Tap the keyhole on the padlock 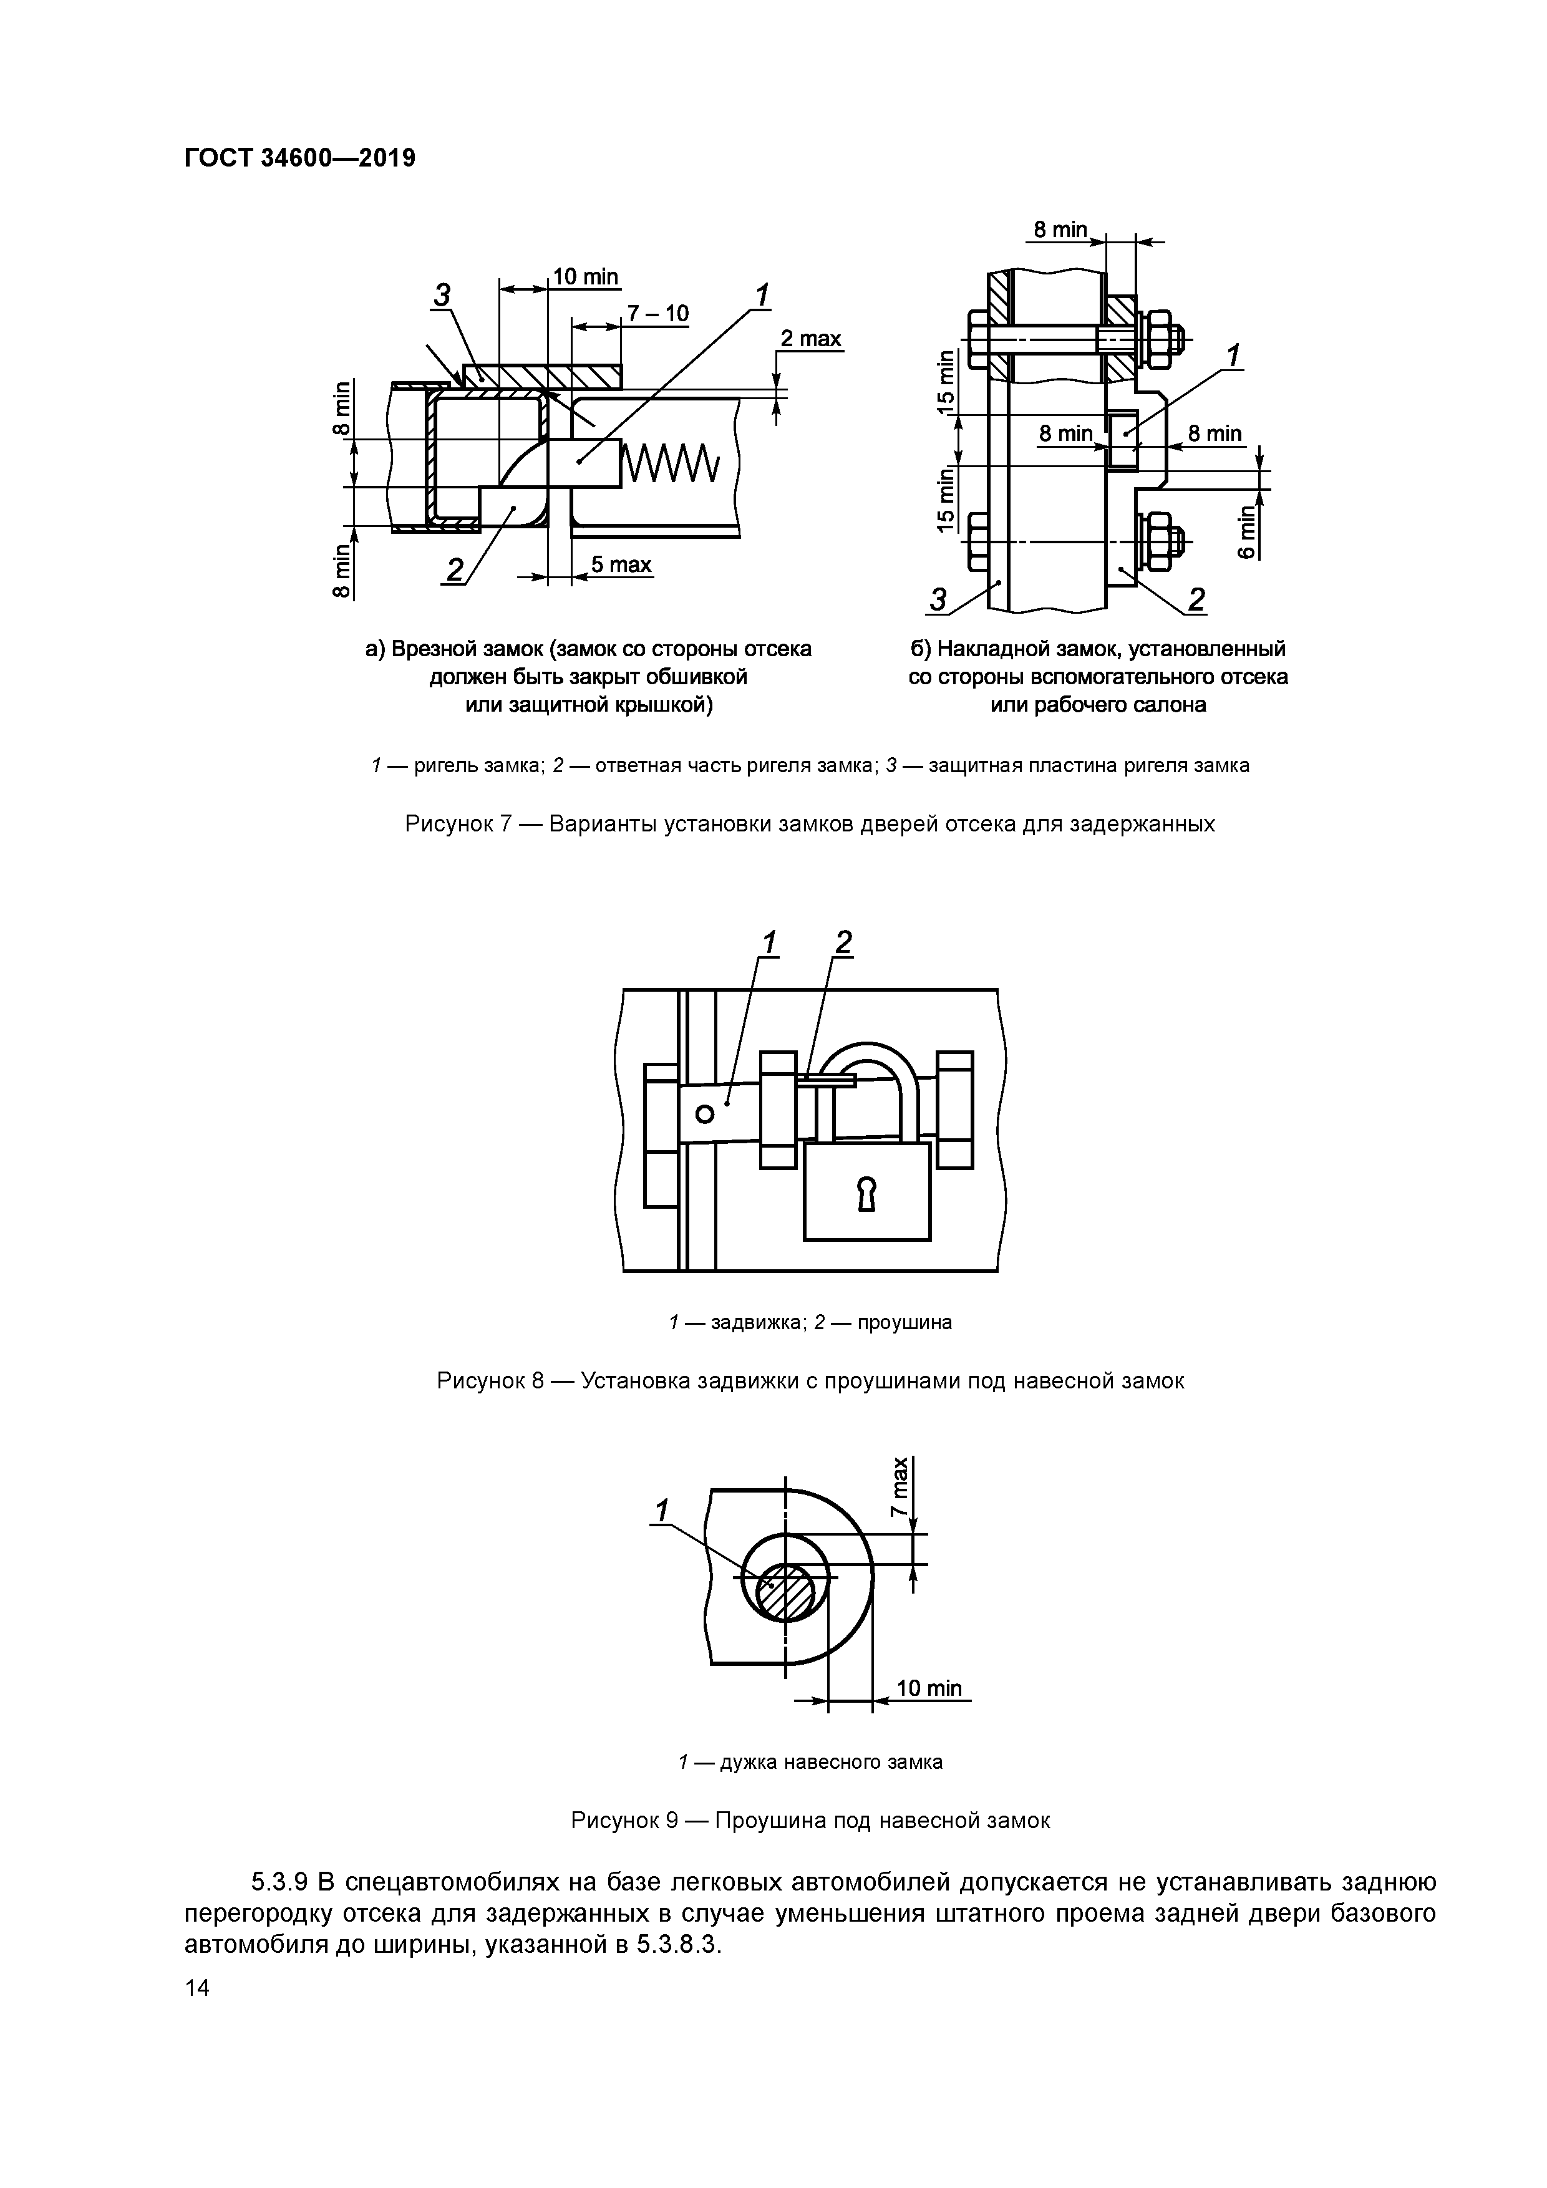866,1193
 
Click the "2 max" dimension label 810,339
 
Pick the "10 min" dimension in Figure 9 929,1688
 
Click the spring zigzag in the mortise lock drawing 671,464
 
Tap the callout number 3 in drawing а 442,296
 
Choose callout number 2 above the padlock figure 843,942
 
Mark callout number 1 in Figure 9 661,1511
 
